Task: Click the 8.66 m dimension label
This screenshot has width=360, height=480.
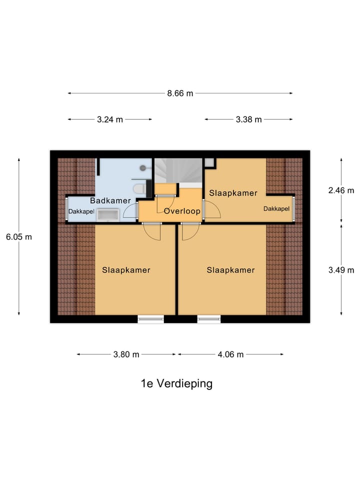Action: click(x=179, y=93)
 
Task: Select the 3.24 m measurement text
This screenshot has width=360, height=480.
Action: click(x=109, y=119)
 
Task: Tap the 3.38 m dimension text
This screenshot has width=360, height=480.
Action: click(x=248, y=119)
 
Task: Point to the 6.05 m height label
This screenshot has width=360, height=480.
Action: click(x=19, y=237)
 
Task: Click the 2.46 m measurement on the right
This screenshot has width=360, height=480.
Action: click(x=341, y=190)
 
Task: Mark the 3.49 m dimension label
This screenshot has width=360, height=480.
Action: click(x=341, y=270)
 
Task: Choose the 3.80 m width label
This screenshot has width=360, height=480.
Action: click(x=125, y=354)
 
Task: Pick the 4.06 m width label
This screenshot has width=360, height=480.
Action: click(x=230, y=354)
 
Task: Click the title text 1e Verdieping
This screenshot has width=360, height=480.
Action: click(x=176, y=383)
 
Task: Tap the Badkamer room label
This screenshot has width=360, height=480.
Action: click(x=110, y=200)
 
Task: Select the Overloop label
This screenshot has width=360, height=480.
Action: click(x=182, y=211)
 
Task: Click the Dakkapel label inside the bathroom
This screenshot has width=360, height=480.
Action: click(x=81, y=211)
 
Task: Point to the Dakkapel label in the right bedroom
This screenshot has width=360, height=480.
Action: click(x=276, y=208)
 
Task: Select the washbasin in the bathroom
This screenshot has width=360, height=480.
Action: click(x=107, y=215)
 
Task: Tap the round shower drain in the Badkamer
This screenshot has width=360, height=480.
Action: click(x=143, y=168)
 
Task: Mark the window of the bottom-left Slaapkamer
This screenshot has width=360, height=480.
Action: click(x=150, y=319)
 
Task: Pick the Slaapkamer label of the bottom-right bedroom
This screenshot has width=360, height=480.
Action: click(x=230, y=270)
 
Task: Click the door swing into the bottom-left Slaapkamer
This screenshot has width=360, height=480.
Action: click(x=152, y=232)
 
